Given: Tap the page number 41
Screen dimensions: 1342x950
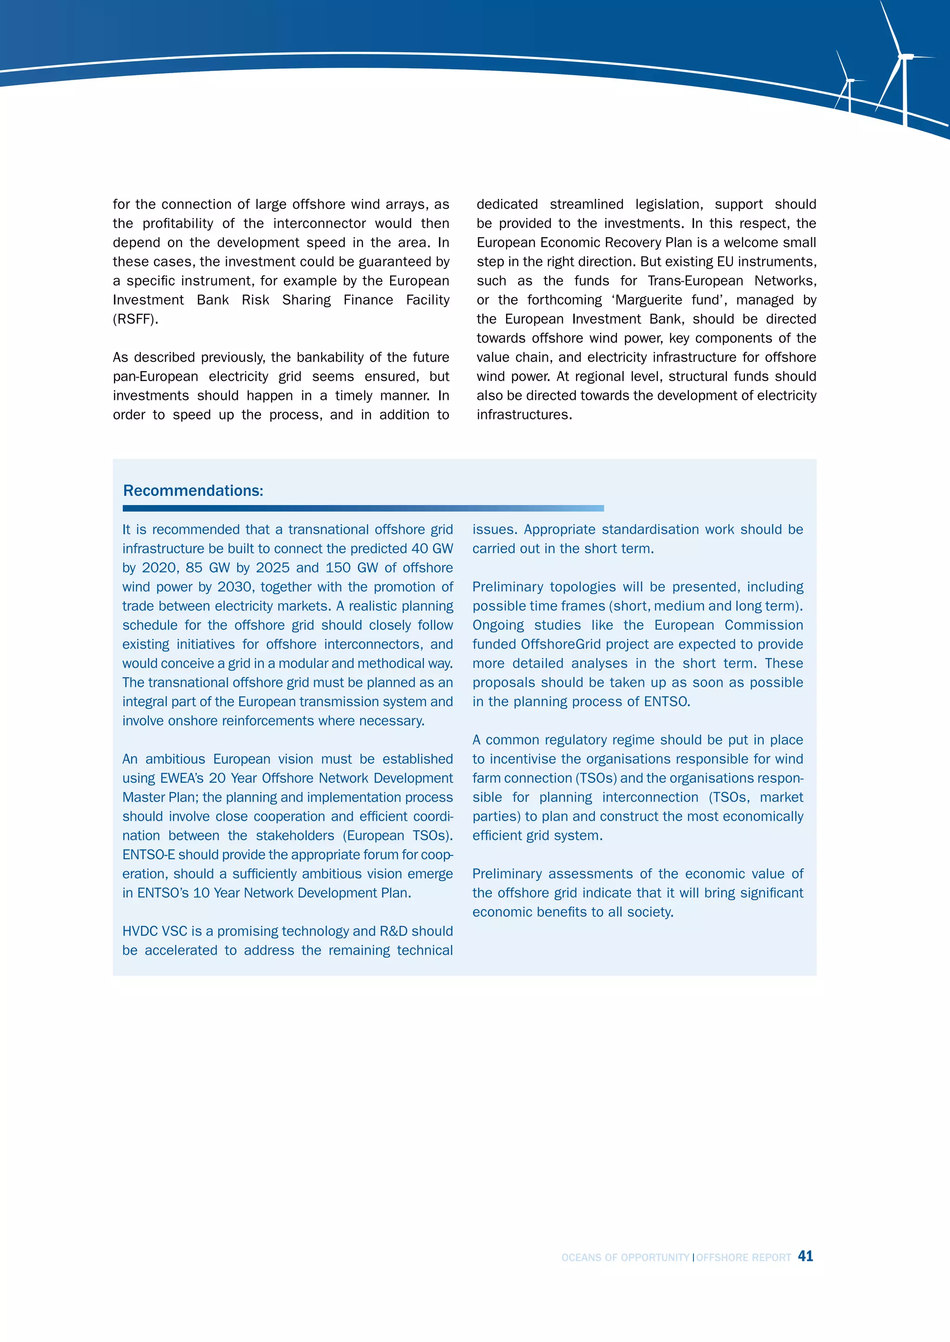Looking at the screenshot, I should tap(806, 1256).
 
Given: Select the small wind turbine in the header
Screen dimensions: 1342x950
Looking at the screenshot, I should tap(849, 85).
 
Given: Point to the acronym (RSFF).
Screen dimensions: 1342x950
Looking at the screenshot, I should tap(135, 319).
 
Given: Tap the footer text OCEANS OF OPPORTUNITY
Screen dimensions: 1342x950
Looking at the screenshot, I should tap(625, 1257).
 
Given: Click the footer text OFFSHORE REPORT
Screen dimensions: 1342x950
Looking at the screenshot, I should tap(743, 1257).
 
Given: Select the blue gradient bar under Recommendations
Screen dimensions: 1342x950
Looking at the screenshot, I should tap(363, 508).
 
